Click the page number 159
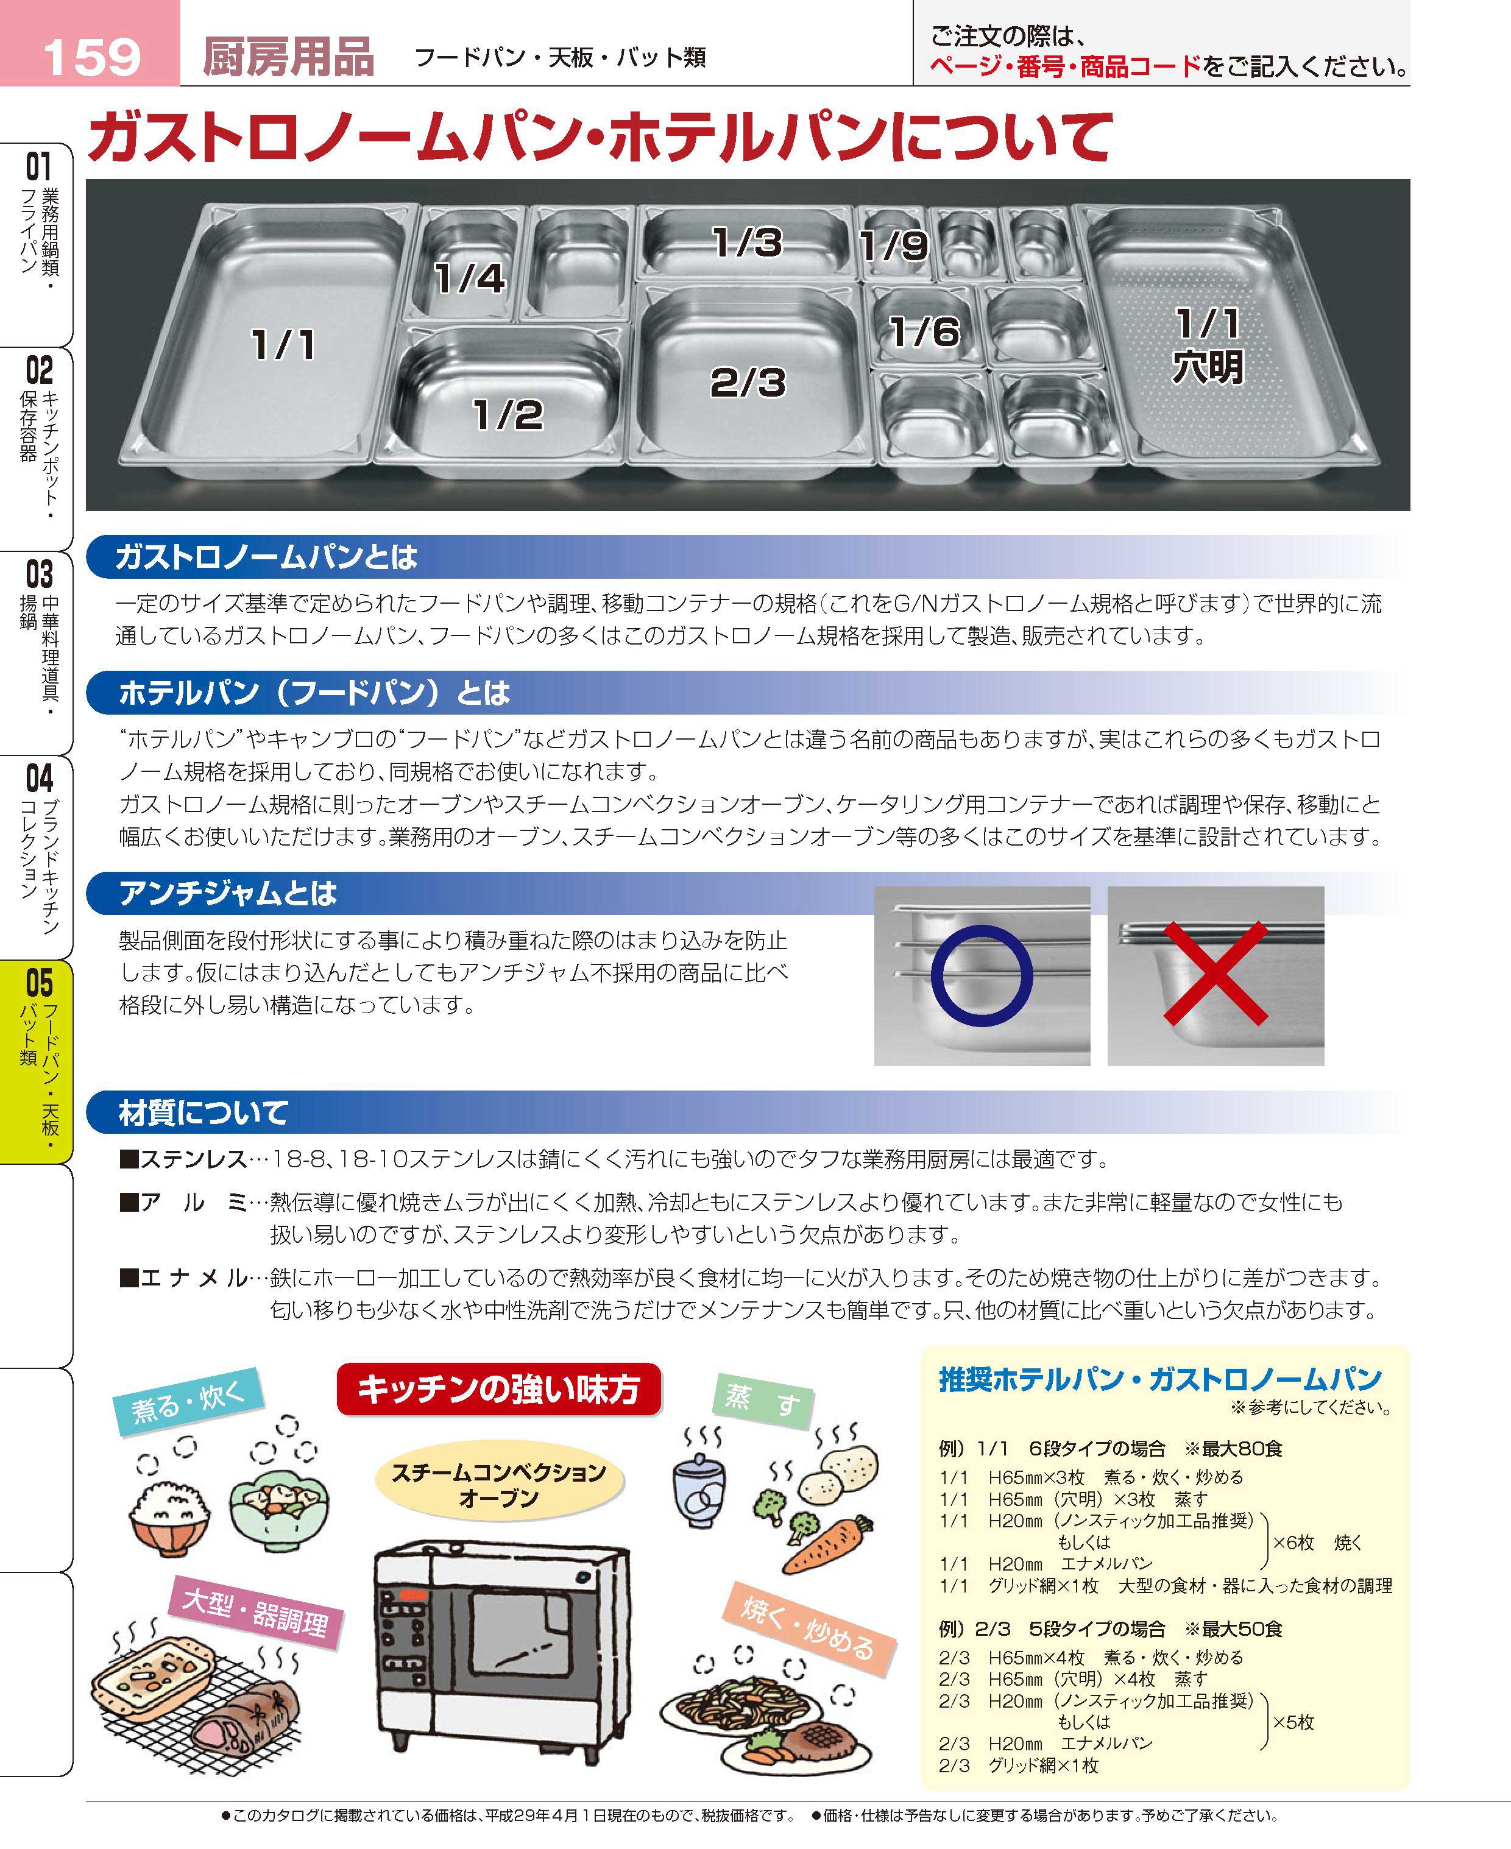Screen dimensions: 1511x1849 [x=91, y=55]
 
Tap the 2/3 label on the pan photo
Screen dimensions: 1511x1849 [x=748, y=382]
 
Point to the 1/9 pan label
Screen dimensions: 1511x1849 [x=893, y=246]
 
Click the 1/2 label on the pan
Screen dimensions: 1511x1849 [x=508, y=414]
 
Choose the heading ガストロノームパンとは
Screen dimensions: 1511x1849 [x=266, y=557]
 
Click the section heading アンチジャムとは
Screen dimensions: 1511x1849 [x=227, y=893]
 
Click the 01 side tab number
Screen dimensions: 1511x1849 [x=38, y=165]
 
